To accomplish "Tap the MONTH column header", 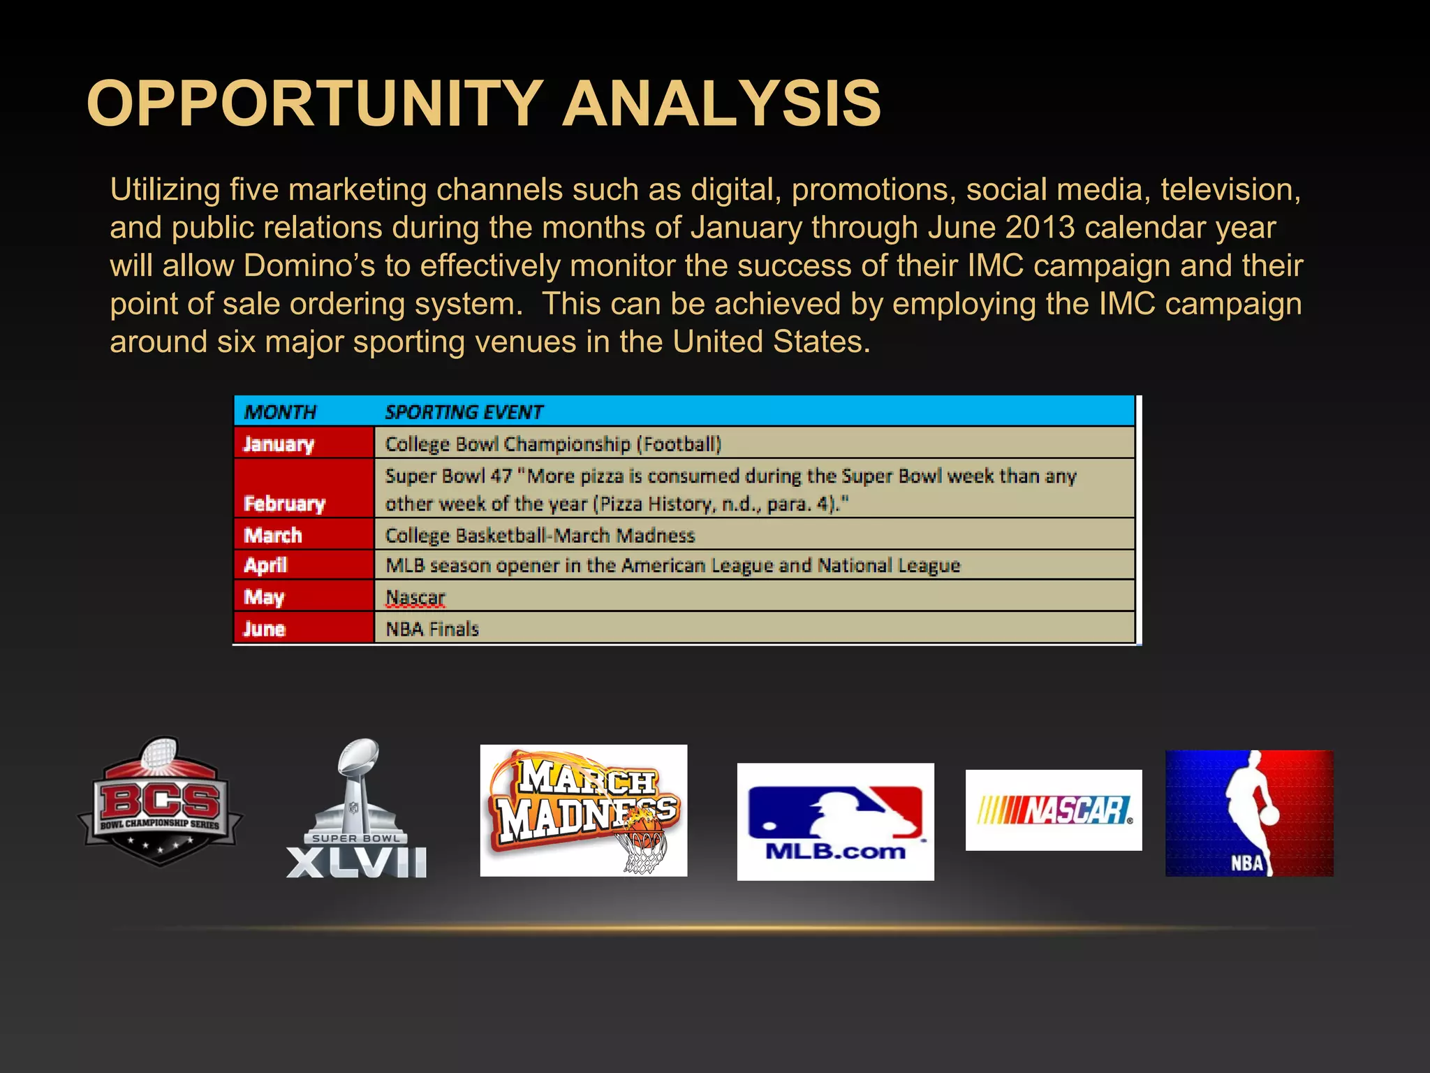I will click(x=280, y=412).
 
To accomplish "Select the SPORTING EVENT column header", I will click(x=464, y=412).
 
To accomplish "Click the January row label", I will click(x=279, y=444).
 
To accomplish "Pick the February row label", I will click(x=284, y=504).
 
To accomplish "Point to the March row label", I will click(x=273, y=536).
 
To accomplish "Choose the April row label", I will click(x=265, y=565).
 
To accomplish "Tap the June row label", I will click(x=264, y=629).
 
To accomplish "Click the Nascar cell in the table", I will click(x=415, y=598).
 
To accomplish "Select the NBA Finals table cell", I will click(x=432, y=629).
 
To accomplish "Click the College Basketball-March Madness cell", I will click(x=540, y=536).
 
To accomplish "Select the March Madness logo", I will click(x=584, y=810).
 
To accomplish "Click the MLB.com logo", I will click(x=835, y=822).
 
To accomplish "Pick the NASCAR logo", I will click(x=1054, y=810).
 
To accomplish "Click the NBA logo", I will click(x=1249, y=813).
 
